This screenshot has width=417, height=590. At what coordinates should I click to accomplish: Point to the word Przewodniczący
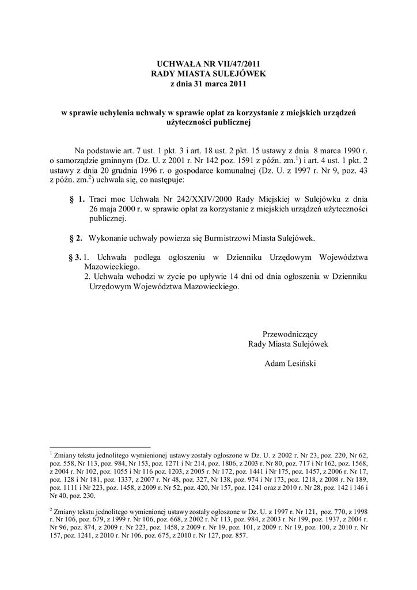(x=290, y=334)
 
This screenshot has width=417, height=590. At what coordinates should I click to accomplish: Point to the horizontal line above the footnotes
(x=100, y=447)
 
